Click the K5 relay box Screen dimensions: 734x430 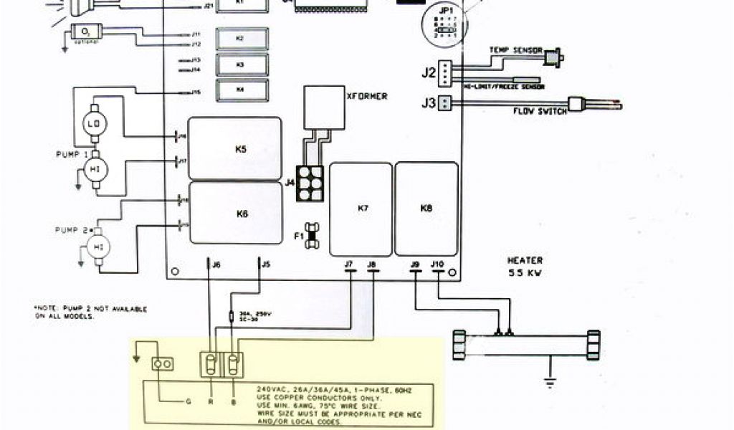234,148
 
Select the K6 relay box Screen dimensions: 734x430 235,213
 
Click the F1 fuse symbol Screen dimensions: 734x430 310,234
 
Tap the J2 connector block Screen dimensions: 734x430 445,72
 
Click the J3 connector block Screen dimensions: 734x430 445,102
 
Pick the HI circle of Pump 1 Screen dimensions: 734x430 94,168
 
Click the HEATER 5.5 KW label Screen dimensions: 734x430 525,267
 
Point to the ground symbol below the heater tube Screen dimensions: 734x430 550,381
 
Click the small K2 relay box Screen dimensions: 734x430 240,38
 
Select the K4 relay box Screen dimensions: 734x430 240,90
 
